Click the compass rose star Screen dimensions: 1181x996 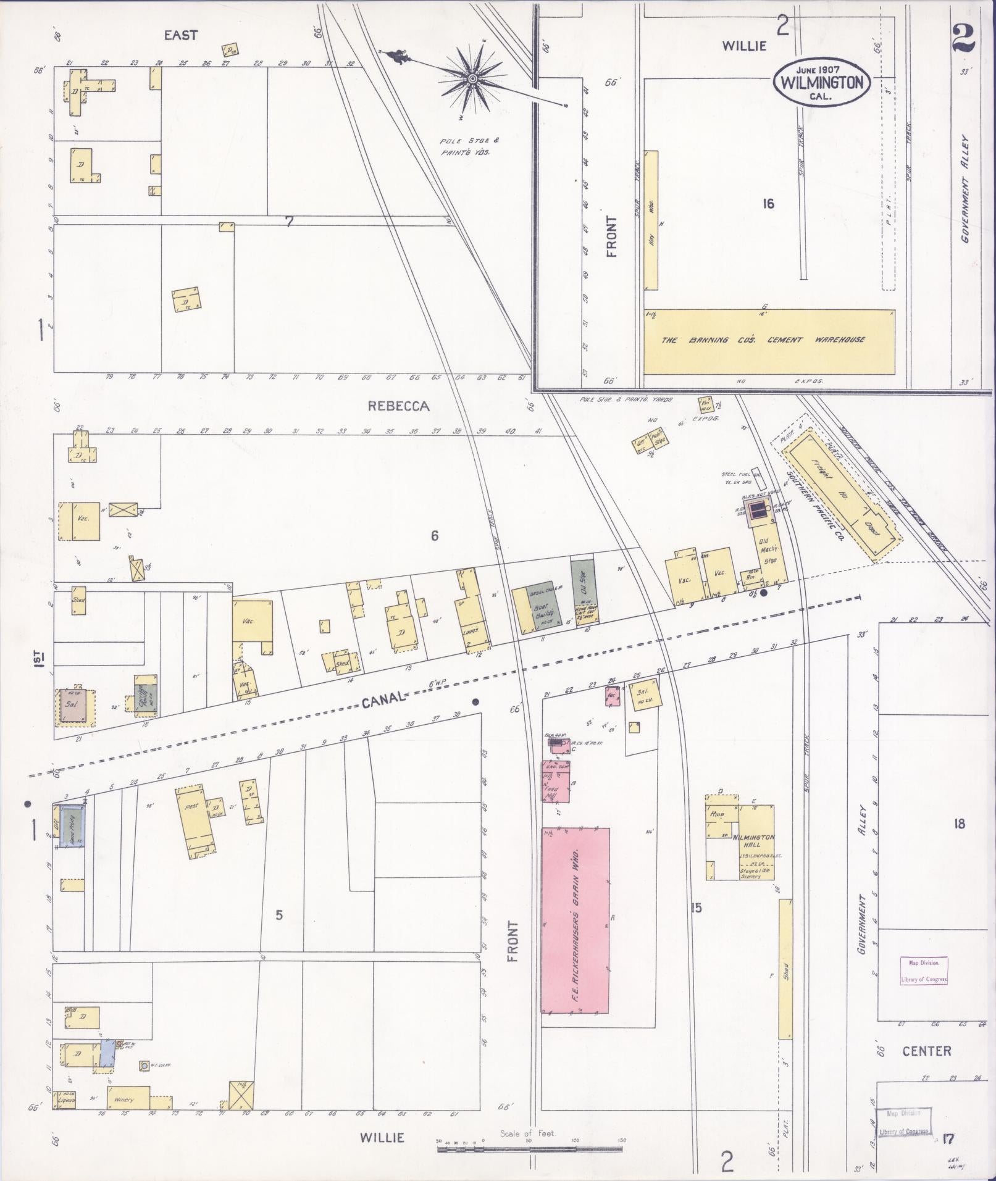pyautogui.click(x=472, y=79)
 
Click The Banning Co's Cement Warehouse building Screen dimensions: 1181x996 pyautogui.click(x=769, y=341)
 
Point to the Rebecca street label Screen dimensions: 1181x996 pyautogui.click(x=398, y=406)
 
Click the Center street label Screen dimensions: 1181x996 pyautogui.click(x=926, y=1051)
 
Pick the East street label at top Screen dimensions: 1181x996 pyautogui.click(x=180, y=36)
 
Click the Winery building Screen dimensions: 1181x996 pyautogui.click(x=128, y=1099)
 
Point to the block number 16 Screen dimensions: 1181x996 pyautogui.click(x=768, y=204)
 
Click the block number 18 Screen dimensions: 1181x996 pyautogui.click(x=958, y=824)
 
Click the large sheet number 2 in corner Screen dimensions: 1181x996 pyautogui.click(x=963, y=39)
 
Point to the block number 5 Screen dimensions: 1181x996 pyautogui.click(x=279, y=915)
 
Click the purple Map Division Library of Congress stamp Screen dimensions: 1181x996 pyautogui.click(x=923, y=970)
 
